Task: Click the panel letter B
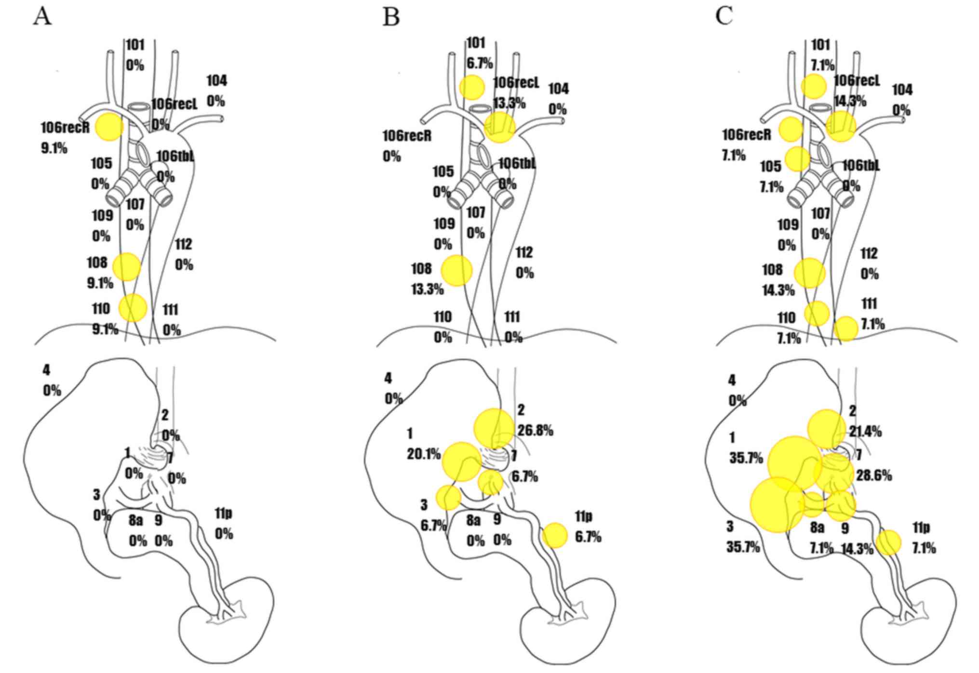[391, 17]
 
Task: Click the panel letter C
[724, 16]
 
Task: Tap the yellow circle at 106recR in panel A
[109, 127]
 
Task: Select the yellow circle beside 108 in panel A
[126, 266]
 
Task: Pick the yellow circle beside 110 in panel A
[133, 307]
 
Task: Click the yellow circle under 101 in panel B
[471, 87]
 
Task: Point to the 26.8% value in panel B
[536, 430]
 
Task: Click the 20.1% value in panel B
[424, 454]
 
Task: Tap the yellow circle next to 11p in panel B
[555, 535]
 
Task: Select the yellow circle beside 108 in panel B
[457, 270]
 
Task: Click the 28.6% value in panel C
[874, 475]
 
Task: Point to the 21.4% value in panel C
[866, 431]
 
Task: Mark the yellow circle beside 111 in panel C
[846, 329]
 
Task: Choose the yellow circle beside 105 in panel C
[797, 159]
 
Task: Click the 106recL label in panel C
[857, 80]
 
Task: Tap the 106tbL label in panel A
[175, 156]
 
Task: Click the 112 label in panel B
[524, 252]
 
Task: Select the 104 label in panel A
[217, 80]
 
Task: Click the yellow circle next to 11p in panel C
[888, 542]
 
